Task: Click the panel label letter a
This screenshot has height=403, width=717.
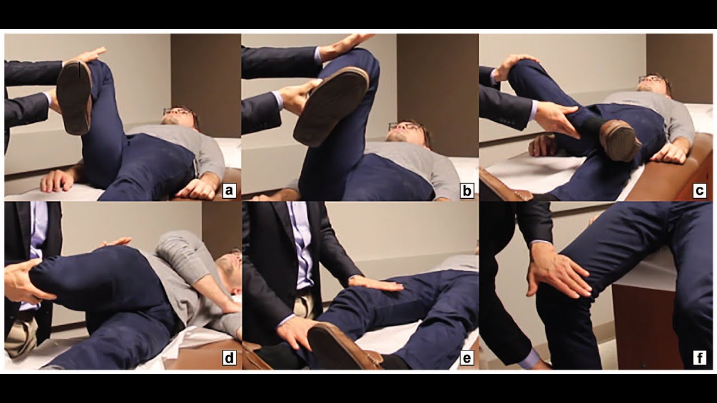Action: click(x=228, y=191)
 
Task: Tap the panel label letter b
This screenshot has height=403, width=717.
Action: click(x=466, y=191)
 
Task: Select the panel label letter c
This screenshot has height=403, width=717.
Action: click(x=699, y=191)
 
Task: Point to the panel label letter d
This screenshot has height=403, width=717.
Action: click(x=228, y=358)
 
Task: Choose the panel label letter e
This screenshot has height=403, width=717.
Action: click(x=466, y=358)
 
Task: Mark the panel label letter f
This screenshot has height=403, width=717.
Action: click(x=699, y=358)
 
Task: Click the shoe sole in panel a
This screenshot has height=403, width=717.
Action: click(x=74, y=96)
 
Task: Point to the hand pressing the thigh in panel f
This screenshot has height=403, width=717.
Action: click(x=557, y=273)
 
